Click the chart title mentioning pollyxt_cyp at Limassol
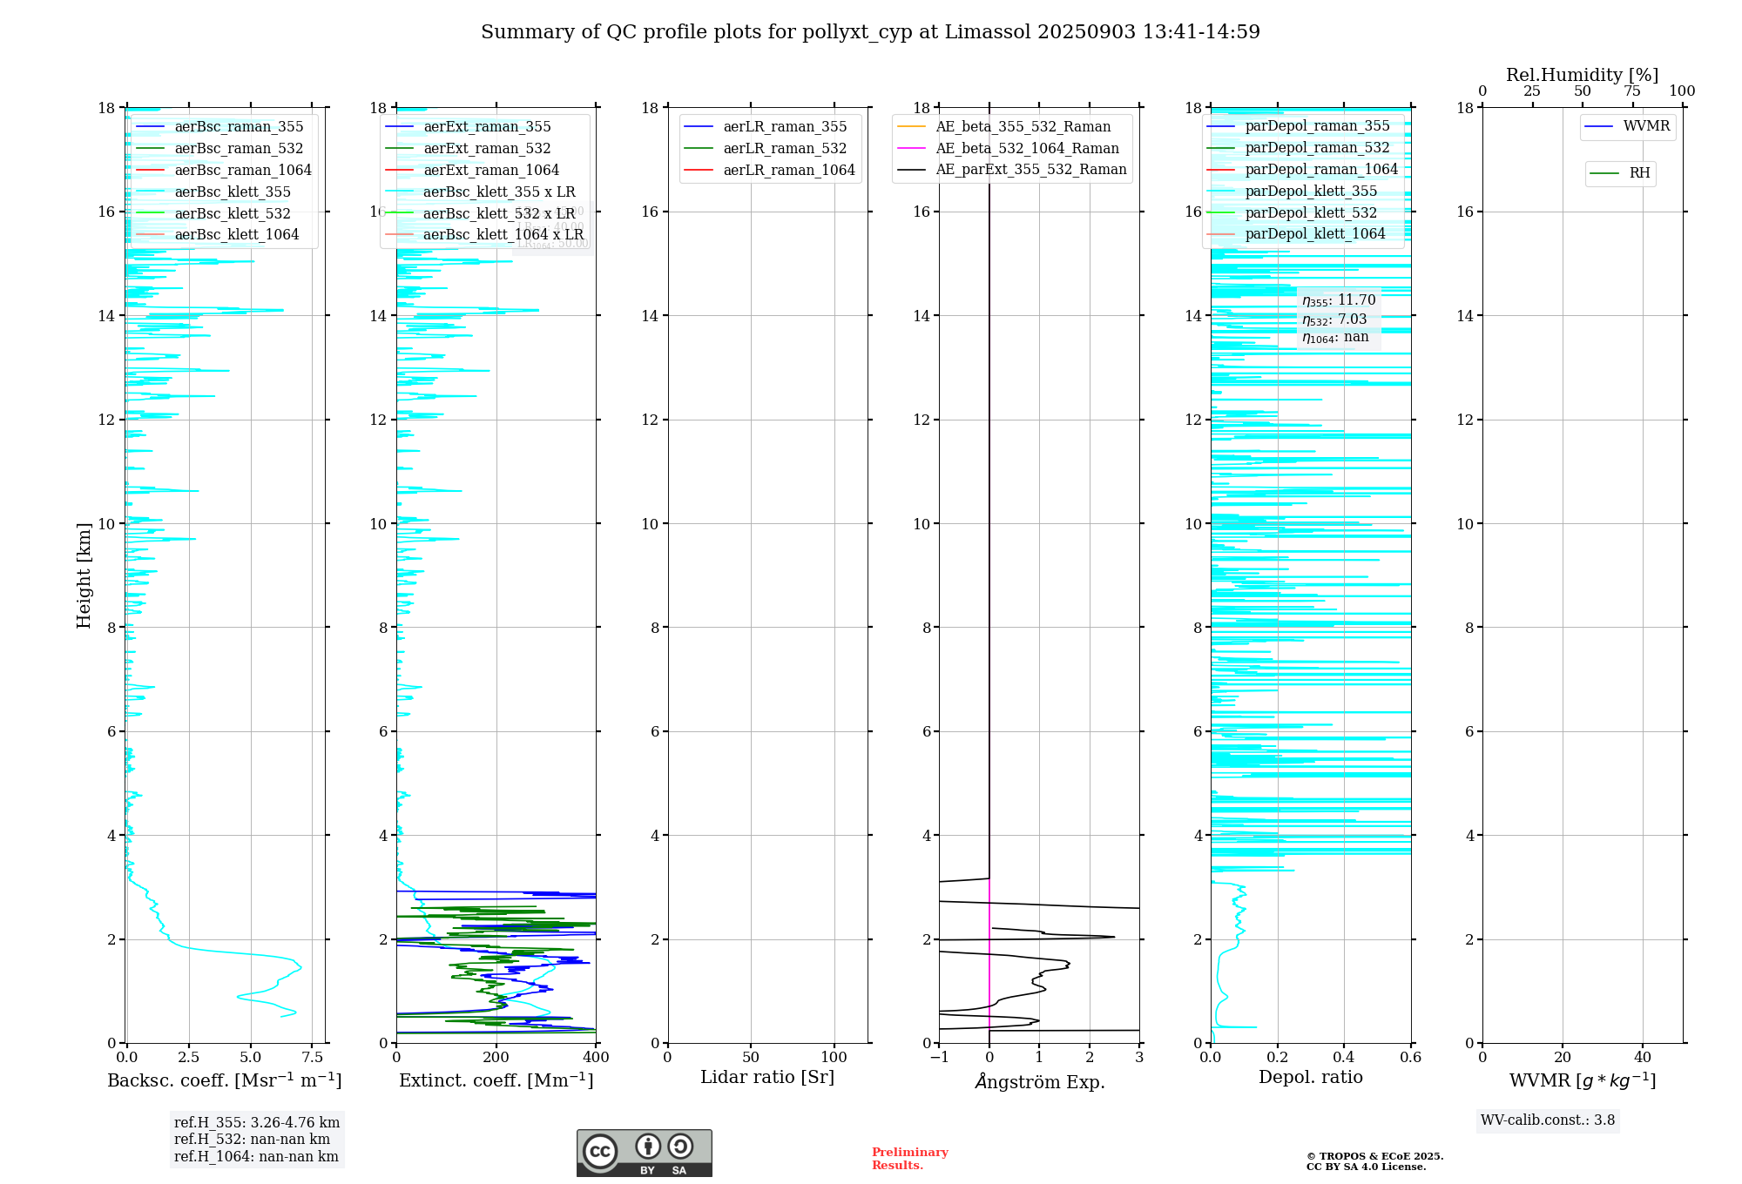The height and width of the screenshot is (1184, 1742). click(x=870, y=32)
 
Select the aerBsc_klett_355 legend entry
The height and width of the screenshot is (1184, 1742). click(x=233, y=192)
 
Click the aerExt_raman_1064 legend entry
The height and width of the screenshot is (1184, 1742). click(x=491, y=170)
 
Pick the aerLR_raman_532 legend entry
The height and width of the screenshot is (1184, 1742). click(x=785, y=148)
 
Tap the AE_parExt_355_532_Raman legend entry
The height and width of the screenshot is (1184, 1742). click(x=1030, y=169)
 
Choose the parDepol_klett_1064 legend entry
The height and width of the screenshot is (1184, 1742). click(x=1314, y=233)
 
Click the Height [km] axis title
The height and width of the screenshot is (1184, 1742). click(x=84, y=575)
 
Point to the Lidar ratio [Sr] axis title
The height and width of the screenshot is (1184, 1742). click(x=767, y=1077)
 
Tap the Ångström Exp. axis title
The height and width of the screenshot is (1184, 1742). click(x=1039, y=1081)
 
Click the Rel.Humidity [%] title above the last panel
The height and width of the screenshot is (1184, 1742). click(x=1582, y=75)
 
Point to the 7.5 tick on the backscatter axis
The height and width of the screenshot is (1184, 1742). click(x=313, y=1058)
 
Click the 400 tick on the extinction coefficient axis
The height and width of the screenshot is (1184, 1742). click(x=596, y=1058)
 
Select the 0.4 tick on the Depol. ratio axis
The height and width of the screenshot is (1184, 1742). click(x=1344, y=1058)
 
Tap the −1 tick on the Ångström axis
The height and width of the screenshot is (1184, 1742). click(x=939, y=1058)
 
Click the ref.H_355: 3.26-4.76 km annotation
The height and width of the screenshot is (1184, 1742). click(x=257, y=1122)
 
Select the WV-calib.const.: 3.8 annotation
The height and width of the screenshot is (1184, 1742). click(x=1548, y=1120)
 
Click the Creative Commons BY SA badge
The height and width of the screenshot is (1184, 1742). click(x=644, y=1153)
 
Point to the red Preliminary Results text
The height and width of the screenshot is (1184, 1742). click(x=909, y=1159)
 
